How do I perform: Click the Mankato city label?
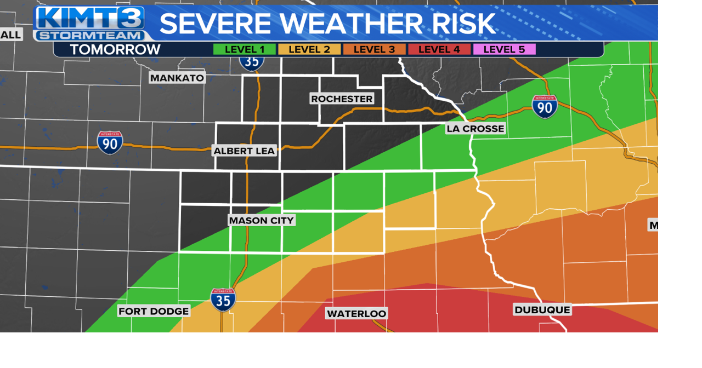[177, 78]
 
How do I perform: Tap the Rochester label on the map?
[342, 99]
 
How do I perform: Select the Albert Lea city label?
[244, 151]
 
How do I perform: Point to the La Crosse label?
[475, 129]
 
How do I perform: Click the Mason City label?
[262, 220]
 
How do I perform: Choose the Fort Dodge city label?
[154, 311]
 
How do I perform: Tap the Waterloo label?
[356, 313]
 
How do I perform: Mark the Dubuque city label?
[542, 309]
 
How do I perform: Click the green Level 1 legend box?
[244, 49]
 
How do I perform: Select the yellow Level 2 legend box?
[309, 49]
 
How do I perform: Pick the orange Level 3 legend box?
[374, 49]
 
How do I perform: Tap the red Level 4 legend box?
[439, 49]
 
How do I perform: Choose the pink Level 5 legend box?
[504, 49]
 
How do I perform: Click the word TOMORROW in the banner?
[115, 49]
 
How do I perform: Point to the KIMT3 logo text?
[90, 18]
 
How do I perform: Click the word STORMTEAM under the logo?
[89, 36]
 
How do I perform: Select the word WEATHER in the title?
[351, 24]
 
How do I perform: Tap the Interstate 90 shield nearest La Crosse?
[544, 106]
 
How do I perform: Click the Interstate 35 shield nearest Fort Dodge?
[223, 300]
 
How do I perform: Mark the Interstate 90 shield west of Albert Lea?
[110, 142]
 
